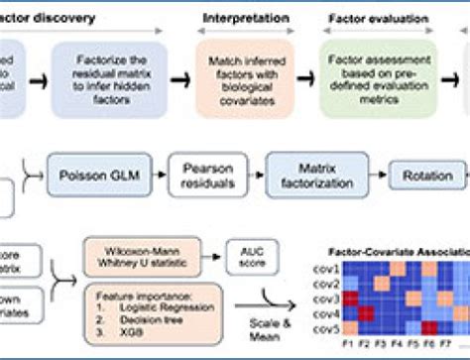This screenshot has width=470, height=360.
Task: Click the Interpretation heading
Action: tap(244, 18)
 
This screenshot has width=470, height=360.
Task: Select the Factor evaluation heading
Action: tap(369, 19)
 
